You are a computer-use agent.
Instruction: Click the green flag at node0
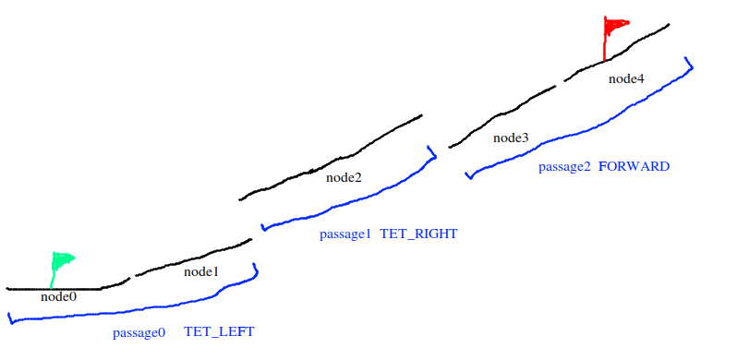(63, 259)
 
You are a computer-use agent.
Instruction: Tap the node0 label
(59, 297)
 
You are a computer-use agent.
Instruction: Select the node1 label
(201, 271)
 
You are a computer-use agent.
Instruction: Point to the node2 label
(344, 177)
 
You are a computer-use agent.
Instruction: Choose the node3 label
(511, 138)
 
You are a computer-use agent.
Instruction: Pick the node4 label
(626, 78)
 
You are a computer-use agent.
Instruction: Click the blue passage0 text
(139, 331)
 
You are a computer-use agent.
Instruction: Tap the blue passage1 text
(345, 234)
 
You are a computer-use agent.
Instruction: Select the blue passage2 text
(564, 167)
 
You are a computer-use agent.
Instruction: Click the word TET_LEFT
(219, 331)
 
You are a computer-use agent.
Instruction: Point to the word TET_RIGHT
(418, 234)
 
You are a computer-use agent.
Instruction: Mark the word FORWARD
(634, 167)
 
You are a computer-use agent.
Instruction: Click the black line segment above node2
(332, 163)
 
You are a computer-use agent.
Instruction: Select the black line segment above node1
(194, 258)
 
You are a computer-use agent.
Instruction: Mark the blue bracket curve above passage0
(139, 312)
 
